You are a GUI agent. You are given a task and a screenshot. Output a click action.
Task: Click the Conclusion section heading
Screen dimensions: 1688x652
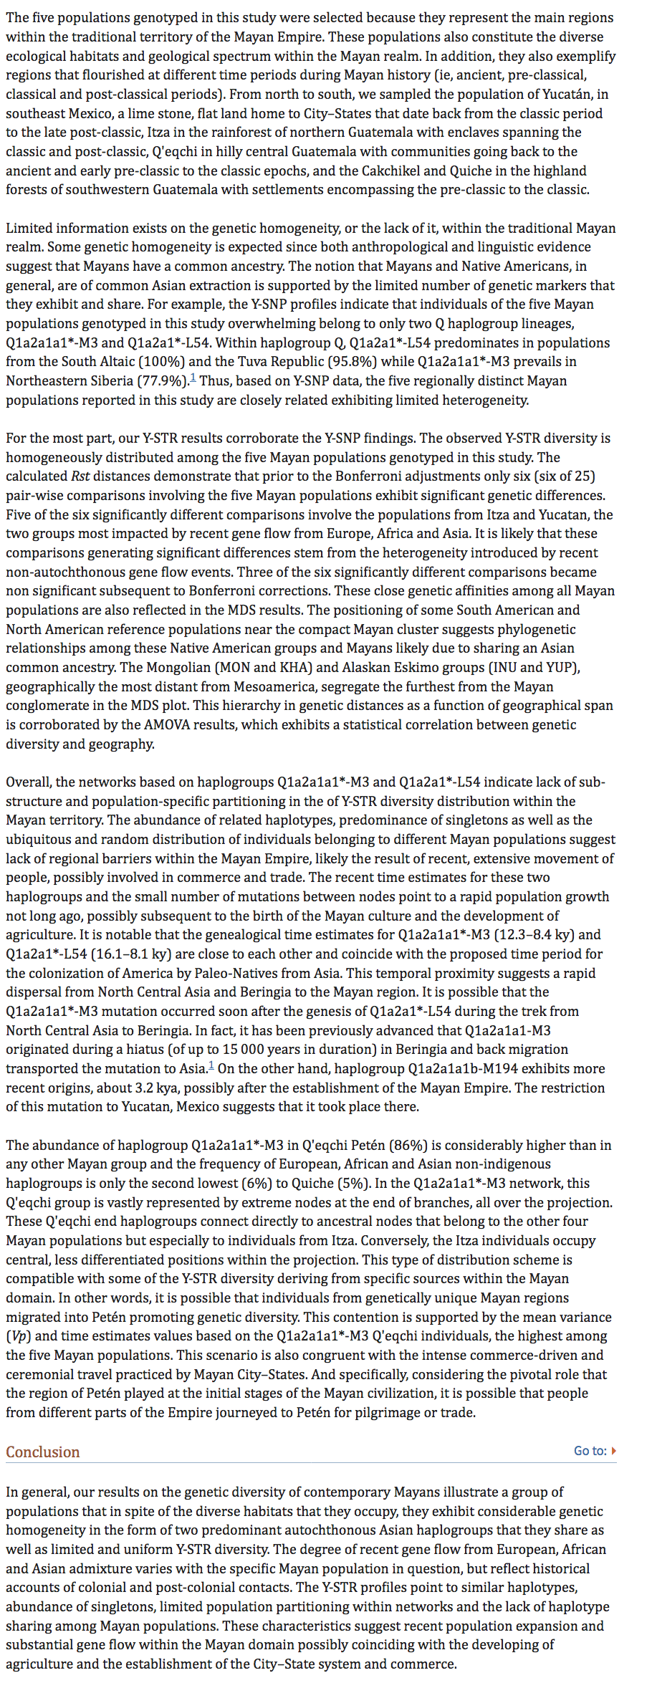click(43, 1452)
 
